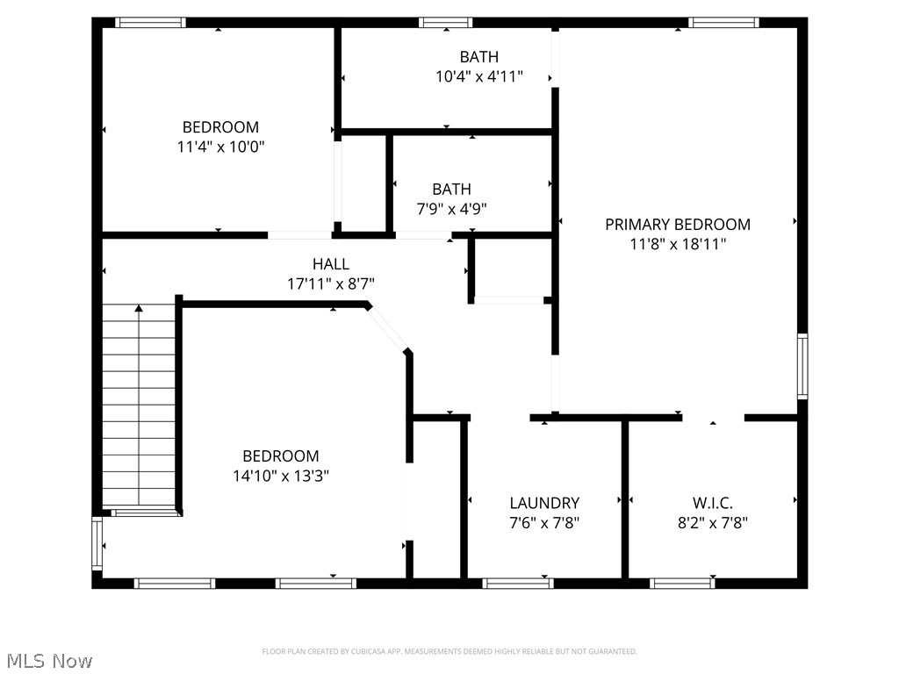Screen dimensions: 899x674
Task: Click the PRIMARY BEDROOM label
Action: (678, 224)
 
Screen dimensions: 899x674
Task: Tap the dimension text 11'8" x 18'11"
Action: (678, 244)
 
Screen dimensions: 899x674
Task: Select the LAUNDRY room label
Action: (544, 503)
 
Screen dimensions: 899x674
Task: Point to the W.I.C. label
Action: (713, 503)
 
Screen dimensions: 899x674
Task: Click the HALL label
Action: (331, 264)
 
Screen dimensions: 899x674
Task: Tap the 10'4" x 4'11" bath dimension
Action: (479, 77)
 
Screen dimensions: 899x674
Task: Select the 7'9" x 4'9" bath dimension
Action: (452, 209)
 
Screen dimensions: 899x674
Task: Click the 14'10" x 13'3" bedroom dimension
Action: (281, 476)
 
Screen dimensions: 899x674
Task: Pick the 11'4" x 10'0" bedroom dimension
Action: (220, 147)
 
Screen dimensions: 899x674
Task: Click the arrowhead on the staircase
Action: (139, 308)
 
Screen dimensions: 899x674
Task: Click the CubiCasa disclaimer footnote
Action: (449, 652)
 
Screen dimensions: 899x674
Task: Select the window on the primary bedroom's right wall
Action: (802, 366)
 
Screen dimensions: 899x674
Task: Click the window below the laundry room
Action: (518, 584)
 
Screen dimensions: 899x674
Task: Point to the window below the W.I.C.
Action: (682, 584)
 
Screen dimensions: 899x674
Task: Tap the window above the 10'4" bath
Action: (445, 22)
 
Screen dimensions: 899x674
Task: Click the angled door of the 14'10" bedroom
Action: (387, 328)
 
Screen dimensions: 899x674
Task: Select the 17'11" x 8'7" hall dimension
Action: (331, 283)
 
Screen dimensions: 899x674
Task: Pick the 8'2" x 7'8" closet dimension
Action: (713, 523)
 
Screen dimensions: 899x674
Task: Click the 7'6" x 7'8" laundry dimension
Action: (544, 523)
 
